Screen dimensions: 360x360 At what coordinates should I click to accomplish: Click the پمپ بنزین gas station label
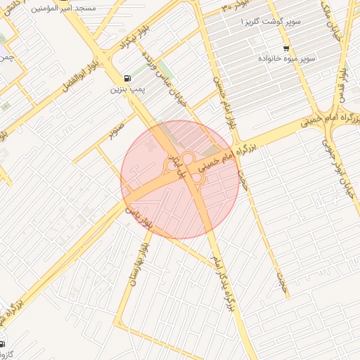point(127,90)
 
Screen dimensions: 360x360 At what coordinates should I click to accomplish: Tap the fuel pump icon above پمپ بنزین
point(127,78)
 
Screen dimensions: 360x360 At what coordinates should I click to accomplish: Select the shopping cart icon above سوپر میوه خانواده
point(285,48)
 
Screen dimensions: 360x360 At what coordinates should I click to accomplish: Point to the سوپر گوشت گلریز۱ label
point(271,22)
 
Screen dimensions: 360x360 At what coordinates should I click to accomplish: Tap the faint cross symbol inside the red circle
point(149,145)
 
